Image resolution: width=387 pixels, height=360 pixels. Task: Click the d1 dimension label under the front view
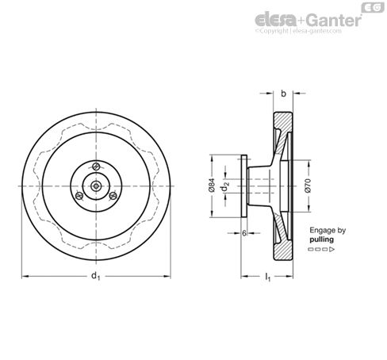94,276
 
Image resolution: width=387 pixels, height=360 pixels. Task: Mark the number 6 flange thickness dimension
243,234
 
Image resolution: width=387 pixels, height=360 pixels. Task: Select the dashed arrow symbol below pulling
319,249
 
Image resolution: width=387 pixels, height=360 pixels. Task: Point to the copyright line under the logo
308,33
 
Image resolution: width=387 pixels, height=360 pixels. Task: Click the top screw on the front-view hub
95,166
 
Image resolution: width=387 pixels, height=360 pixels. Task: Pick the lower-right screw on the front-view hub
113,196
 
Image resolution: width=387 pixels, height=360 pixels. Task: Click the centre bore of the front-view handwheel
95,186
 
